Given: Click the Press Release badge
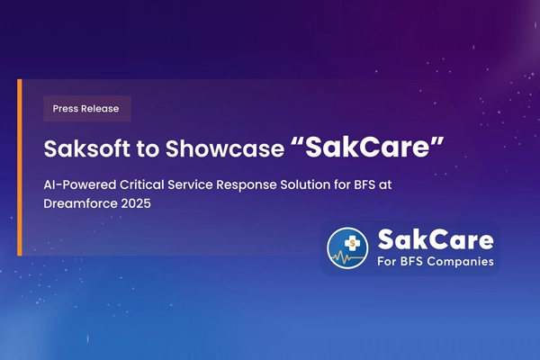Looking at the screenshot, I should pyautogui.click(x=87, y=108).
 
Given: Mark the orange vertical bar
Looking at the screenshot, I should pyautogui.click(x=20, y=161).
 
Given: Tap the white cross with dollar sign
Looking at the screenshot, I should pyautogui.click(x=346, y=241).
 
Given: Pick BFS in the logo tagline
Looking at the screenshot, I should pyautogui.click(x=409, y=264).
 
